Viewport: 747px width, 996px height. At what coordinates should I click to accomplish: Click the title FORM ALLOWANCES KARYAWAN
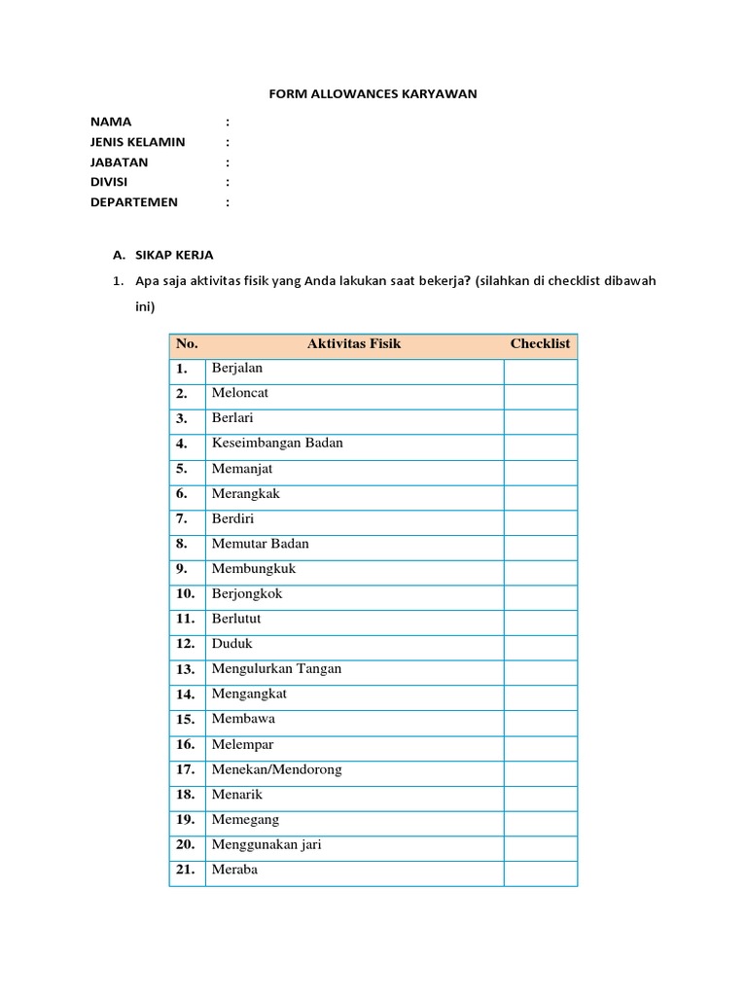373,94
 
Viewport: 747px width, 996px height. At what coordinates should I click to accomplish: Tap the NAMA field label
111,122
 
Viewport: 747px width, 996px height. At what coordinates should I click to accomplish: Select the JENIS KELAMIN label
137,142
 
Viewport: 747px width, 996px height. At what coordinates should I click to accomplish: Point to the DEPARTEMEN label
134,202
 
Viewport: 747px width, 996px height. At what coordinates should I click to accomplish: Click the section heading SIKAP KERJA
172,255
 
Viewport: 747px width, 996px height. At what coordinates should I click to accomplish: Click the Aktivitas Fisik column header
354,344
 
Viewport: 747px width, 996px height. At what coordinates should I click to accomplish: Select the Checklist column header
540,344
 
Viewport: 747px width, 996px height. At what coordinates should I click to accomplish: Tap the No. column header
187,344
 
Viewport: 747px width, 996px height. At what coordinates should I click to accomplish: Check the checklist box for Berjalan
540,371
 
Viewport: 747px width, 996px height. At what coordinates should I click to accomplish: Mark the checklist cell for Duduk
540,645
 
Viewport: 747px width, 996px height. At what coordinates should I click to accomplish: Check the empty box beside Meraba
540,871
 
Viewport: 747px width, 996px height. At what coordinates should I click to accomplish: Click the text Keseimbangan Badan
277,444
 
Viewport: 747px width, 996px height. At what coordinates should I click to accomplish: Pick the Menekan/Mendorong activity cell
276,770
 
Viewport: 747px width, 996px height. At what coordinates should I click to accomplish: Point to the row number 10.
186,594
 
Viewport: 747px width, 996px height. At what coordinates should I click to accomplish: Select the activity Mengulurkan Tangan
276,669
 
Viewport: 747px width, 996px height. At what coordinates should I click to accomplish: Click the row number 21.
186,871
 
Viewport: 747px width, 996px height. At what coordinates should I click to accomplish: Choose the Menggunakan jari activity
266,845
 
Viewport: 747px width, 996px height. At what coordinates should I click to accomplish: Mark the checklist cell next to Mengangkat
540,694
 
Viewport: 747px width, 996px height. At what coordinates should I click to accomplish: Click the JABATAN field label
119,162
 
